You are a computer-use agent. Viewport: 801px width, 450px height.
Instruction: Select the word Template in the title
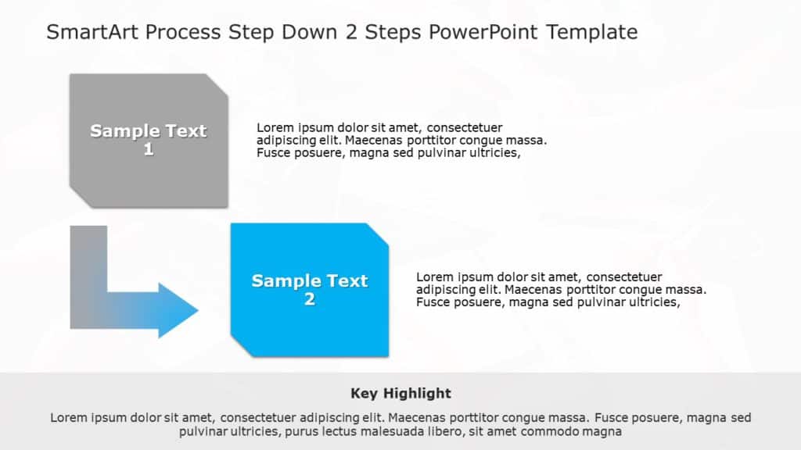click(591, 32)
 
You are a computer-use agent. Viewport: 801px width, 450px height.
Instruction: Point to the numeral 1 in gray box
click(149, 150)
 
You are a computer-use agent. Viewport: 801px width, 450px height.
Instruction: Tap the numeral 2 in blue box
click(310, 299)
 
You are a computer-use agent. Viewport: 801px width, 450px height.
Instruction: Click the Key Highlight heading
click(400, 393)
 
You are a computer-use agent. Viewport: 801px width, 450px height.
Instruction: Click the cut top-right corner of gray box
click(218, 84)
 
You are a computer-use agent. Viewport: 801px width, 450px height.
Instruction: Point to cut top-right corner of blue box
click(379, 234)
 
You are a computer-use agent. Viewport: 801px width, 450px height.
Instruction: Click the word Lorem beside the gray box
click(274, 127)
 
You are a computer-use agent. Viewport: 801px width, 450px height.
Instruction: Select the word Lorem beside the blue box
click(434, 277)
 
